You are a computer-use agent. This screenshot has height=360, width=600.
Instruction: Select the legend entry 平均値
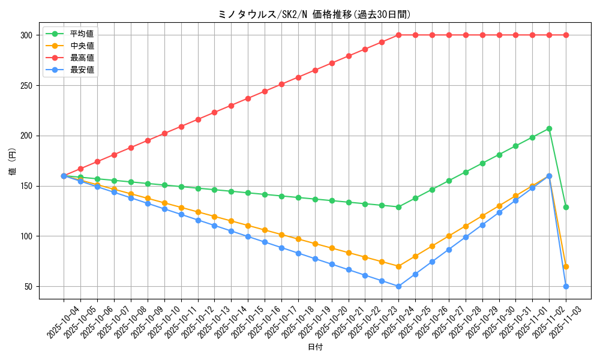[82, 34]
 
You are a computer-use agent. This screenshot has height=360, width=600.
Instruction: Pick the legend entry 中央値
[82, 46]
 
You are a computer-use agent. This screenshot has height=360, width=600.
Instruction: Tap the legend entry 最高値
[82, 58]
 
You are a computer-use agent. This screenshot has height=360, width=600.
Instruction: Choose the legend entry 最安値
[82, 70]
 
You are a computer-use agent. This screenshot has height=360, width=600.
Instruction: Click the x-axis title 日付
[315, 347]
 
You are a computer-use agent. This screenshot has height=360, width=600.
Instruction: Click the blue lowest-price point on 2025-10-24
[398, 286]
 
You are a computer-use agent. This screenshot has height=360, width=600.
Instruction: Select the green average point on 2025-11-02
[549, 128]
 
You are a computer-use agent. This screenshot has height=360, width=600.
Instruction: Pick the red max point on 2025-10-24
[398, 35]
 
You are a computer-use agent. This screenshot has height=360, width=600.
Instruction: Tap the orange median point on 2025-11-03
[566, 266]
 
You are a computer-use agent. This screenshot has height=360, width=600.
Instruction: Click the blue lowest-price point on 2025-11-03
[566, 286]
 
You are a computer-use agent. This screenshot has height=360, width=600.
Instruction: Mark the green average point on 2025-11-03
[566, 207]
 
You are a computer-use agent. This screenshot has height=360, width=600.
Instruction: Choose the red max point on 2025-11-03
[566, 35]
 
